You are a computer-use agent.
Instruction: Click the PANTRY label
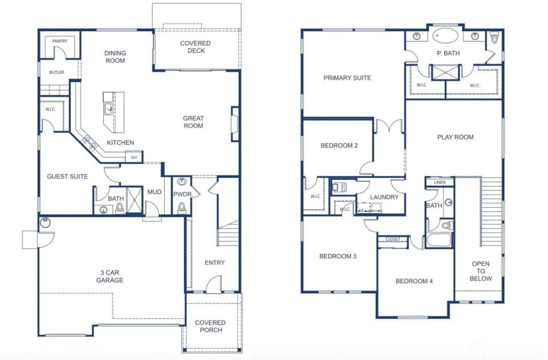click(60, 41)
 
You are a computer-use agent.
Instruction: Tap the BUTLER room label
click(57, 72)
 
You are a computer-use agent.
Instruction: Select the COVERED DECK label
click(195, 47)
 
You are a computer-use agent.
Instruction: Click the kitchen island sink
click(109, 109)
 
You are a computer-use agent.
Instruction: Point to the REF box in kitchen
click(134, 157)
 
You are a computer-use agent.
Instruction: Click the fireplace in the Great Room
click(235, 124)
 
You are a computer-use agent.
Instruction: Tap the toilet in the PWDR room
click(182, 208)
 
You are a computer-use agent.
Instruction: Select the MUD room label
click(154, 192)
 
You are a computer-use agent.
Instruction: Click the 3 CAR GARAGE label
click(110, 276)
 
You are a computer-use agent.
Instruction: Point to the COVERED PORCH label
click(210, 326)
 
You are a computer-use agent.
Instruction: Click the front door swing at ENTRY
click(214, 284)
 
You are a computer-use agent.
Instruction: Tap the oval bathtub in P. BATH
click(445, 36)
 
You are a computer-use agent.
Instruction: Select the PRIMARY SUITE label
click(347, 78)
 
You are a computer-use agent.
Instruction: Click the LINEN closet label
click(439, 183)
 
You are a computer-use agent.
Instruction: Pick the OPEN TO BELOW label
click(480, 271)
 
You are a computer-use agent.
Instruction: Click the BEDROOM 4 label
click(414, 281)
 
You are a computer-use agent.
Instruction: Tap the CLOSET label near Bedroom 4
click(393, 240)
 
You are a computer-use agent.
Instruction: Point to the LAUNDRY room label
click(384, 197)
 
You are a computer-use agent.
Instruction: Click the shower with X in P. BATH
click(445, 72)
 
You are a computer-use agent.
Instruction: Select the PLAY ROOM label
click(455, 138)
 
